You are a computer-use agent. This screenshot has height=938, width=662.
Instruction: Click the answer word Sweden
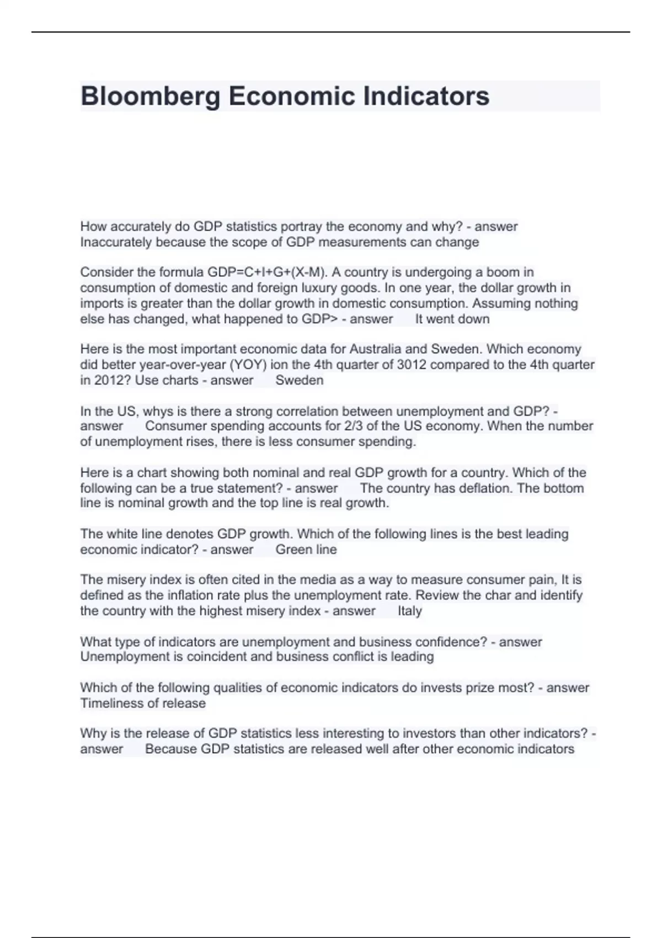click(299, 380)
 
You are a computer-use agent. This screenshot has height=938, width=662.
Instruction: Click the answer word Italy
click(409, 611)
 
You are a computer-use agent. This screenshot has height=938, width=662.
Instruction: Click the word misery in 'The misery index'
click(122, 580)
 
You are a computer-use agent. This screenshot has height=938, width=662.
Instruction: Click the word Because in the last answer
click(171, 749)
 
